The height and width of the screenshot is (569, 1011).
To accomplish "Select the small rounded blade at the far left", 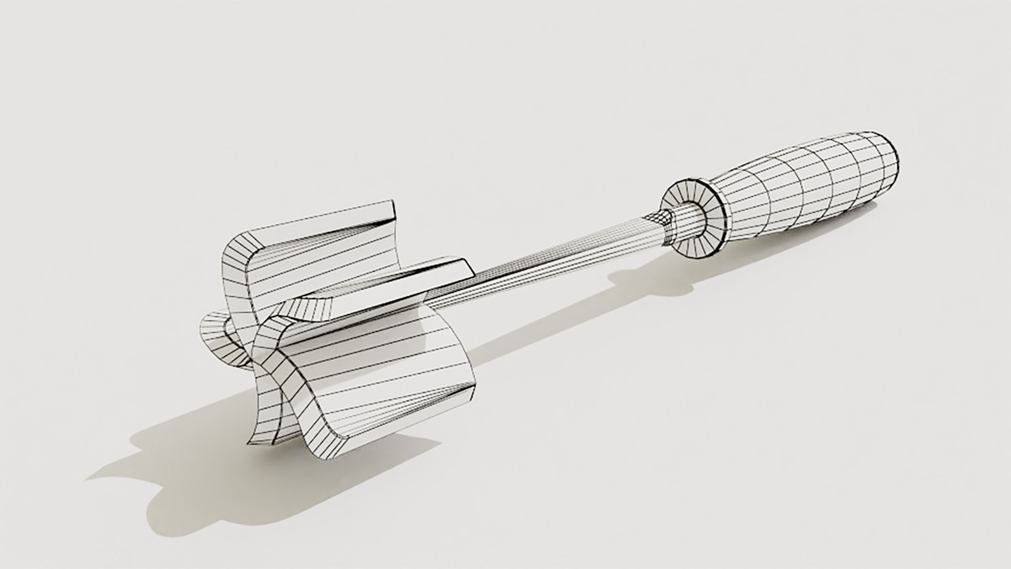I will tap(216, 337).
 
